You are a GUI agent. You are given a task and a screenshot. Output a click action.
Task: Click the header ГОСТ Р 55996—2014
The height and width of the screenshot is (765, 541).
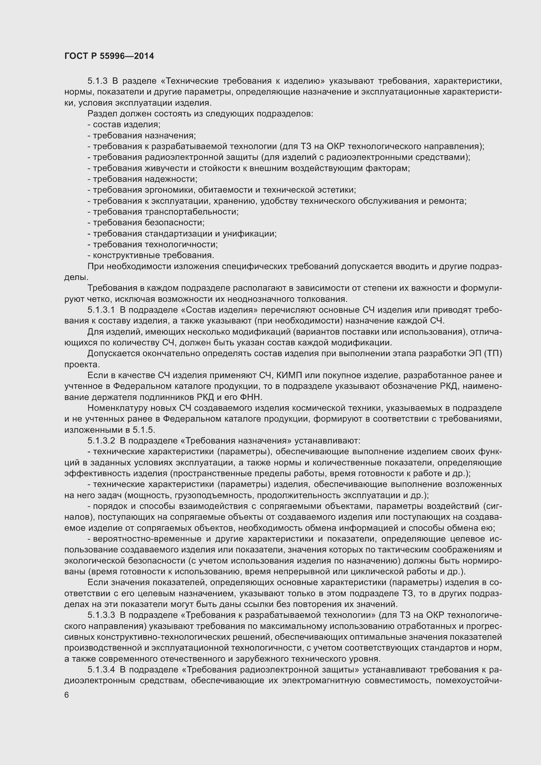(x=109, y=56)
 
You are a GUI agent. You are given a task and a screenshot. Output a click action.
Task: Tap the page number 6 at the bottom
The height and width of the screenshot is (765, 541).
(x=67, y=695)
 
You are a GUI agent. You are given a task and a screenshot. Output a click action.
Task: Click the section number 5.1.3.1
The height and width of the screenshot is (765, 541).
(x=101, y=310)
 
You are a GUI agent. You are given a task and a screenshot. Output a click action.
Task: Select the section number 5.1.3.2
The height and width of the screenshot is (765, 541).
(x=101, y=441)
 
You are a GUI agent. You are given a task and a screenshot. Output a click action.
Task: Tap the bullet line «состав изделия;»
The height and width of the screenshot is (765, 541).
(x=124, y=125)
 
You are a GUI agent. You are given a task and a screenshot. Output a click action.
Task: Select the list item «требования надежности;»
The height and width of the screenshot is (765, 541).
(x=143, y=179)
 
